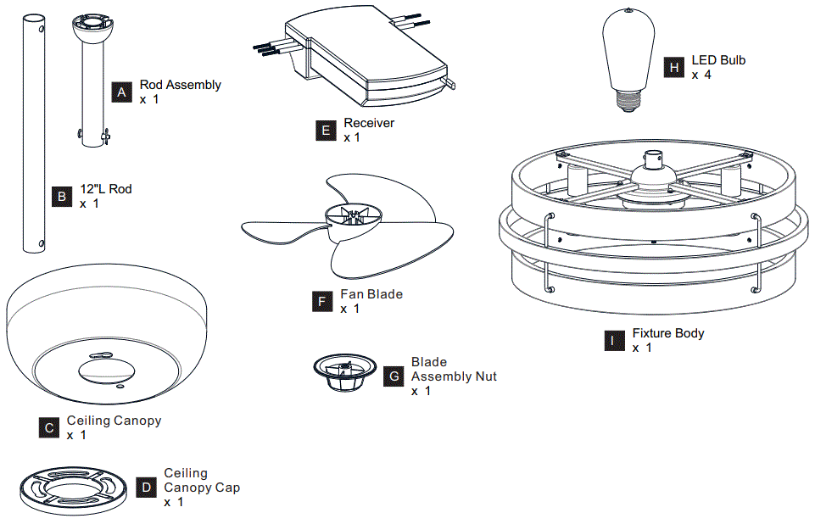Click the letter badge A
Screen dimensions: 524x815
tap(122, 92)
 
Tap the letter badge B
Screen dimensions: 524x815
tap(62, 197)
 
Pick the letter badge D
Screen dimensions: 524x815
tap(147, 488)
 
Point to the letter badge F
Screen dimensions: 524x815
tap(321, 301)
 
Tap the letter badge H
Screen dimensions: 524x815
tap(674, 68)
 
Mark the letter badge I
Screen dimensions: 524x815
tap(612, 341)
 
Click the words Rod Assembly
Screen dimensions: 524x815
tap(181, 85)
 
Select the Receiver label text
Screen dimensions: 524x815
tap(369, 123)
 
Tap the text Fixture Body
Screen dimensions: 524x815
tap(668, 333)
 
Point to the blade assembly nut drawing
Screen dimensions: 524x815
tap(345, 372)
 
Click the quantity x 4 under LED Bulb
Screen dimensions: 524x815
tap(701, 75)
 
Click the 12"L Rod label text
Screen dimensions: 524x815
tap(106, 189)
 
